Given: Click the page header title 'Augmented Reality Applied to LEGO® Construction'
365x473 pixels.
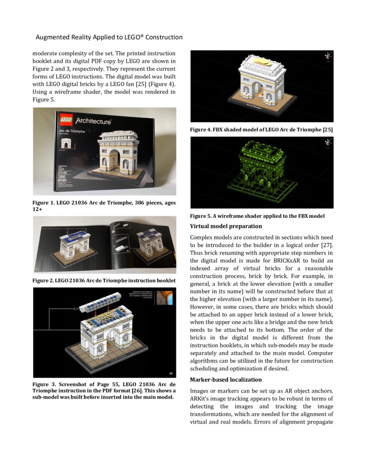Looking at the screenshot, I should [x=109, y=37].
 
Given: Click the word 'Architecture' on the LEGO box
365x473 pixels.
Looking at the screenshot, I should [x=93, y=122].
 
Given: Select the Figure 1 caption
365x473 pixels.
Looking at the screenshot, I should [x=104, y=206].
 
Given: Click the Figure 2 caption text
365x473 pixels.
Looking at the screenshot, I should [x=104, y=280].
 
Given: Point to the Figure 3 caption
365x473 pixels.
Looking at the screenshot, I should [x=104, y=390].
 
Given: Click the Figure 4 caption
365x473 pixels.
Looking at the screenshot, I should [x=262, y=129].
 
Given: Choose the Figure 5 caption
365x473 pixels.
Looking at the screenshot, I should [x=257, y=216].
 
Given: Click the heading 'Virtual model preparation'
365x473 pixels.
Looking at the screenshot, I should [x=226, y=226].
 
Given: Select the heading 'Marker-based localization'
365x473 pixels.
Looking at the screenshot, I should [x=226, y=380].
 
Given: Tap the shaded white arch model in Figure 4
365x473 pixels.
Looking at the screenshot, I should [x=262, y=82].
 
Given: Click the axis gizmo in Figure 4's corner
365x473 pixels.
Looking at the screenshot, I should [x=328, y=56].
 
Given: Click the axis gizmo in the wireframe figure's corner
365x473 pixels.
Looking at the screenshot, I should [x=328, y=142].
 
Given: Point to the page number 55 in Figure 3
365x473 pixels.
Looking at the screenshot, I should [x=171, y=373].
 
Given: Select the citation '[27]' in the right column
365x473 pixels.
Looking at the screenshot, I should [x=327, y=245].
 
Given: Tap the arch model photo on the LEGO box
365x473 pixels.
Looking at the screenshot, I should [x=119, y=155].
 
